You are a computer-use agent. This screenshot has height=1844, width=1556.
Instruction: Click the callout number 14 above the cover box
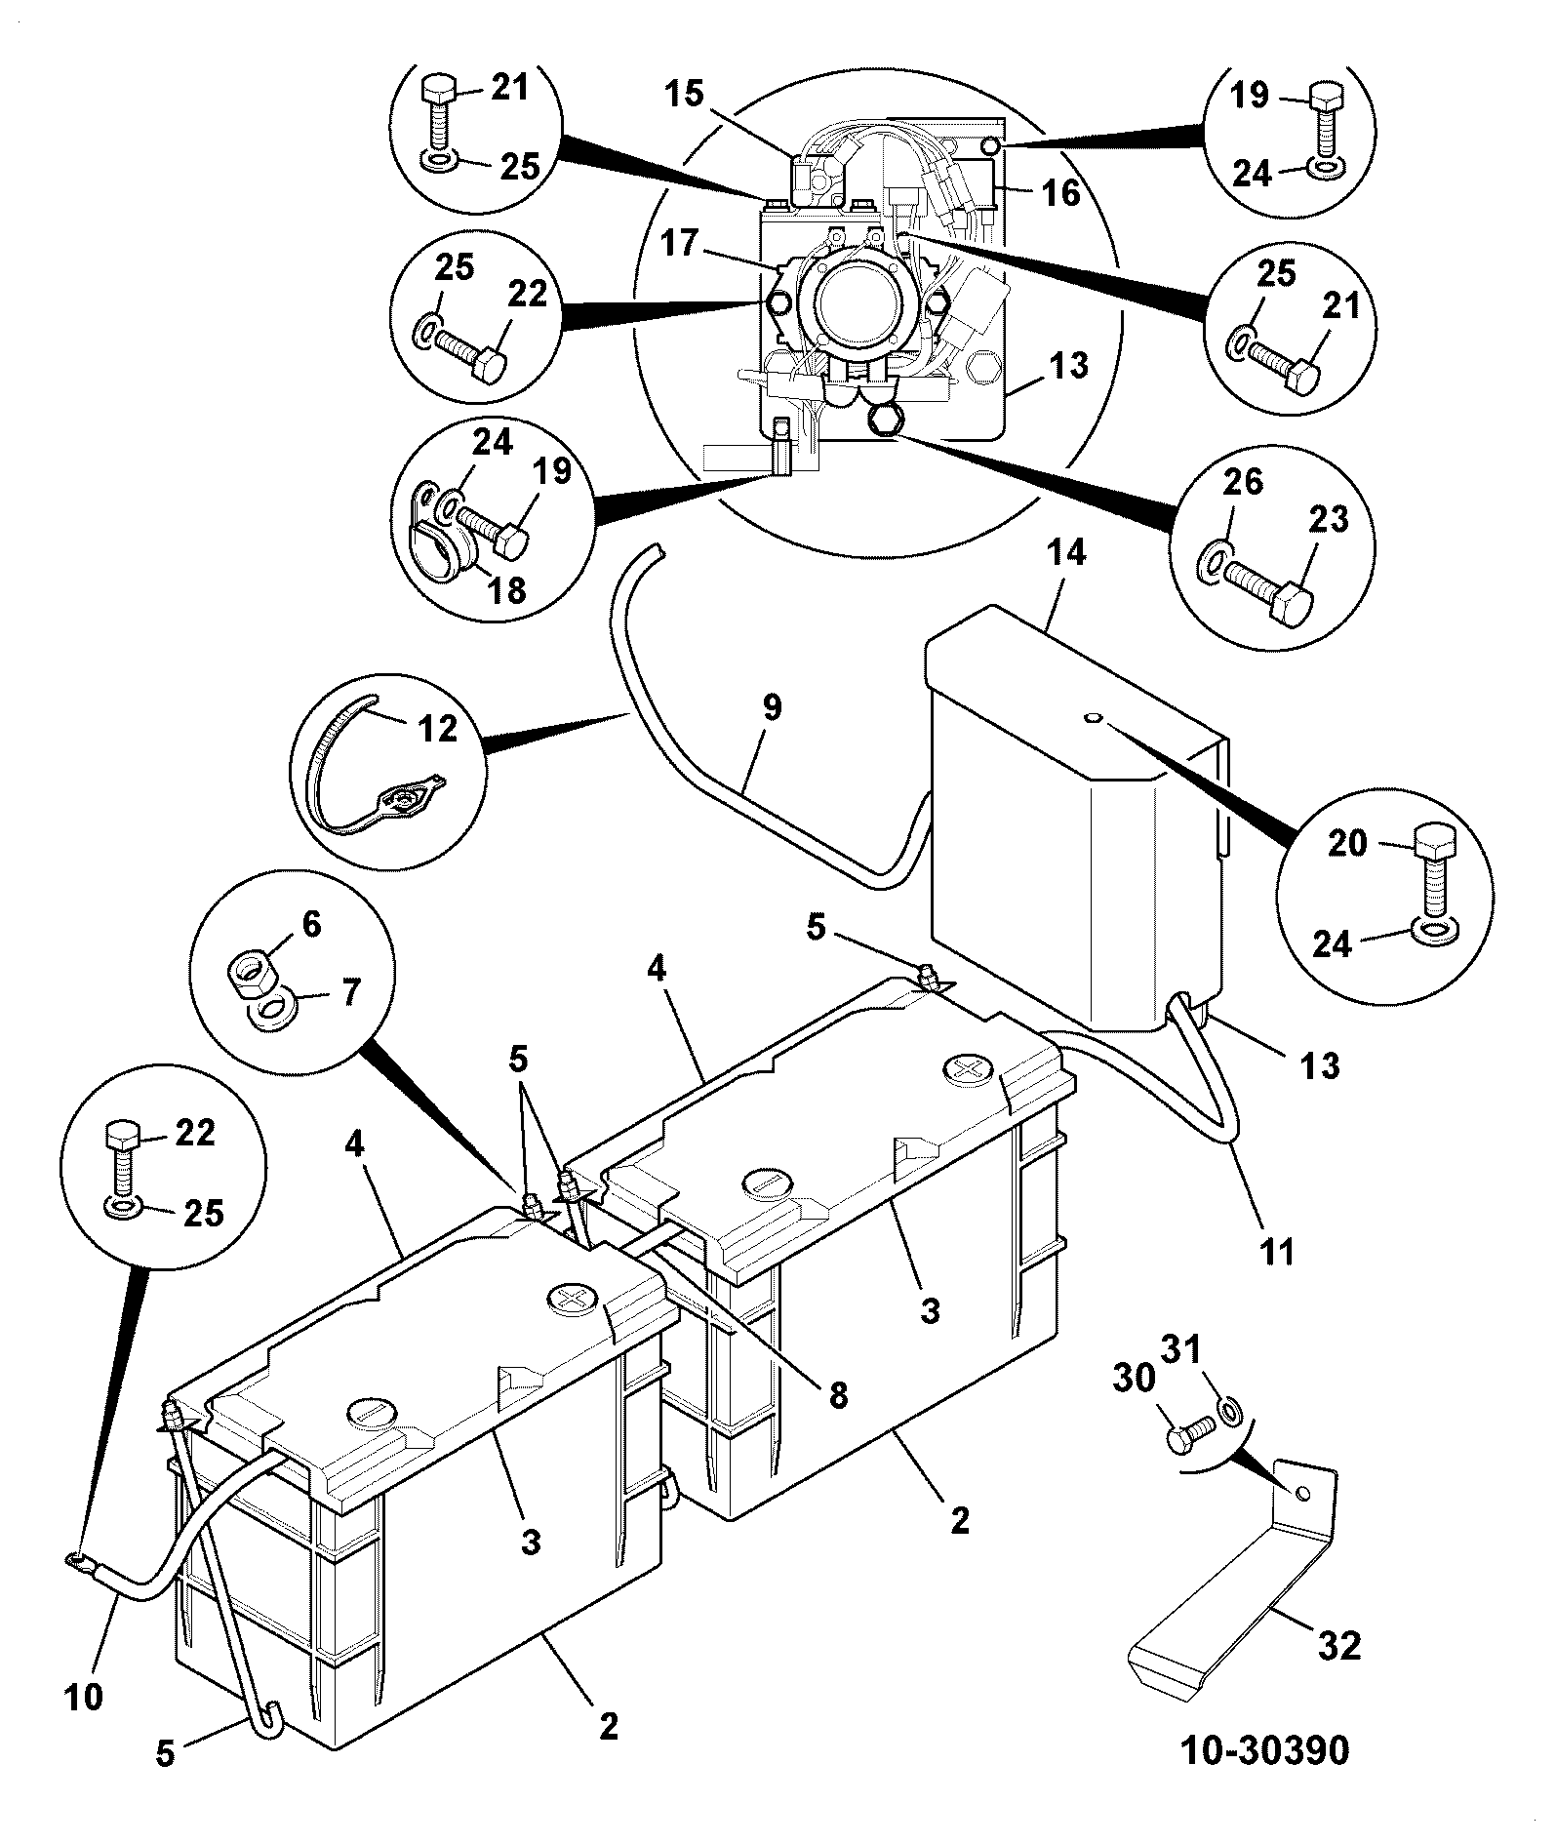tap(1066, 553)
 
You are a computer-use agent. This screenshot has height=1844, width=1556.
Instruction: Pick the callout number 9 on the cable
tap(772, 708)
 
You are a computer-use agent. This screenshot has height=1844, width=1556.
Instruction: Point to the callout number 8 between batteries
tap(838, 1395)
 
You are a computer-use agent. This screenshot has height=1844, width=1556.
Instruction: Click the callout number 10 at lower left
tap(85, 1697)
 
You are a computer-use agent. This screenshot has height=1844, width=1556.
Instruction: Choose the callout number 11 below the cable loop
tap(1276, 1251)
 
